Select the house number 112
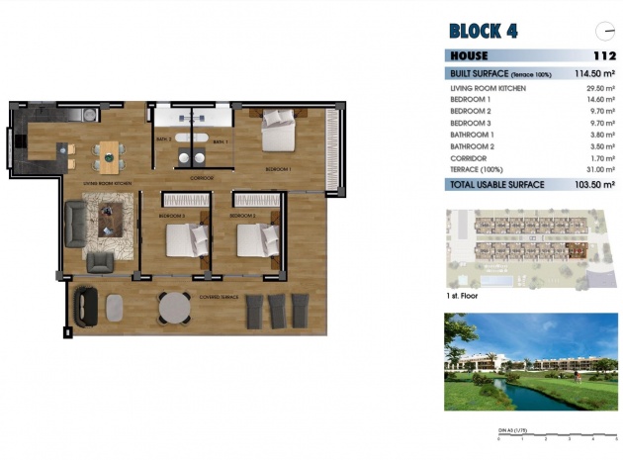[x=604, y=56]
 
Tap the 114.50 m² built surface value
[x=595, y=73]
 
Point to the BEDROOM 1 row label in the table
[x=469, y=100]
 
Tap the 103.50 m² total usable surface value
[x=595, y=184]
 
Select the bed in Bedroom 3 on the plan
[x=185, y=240]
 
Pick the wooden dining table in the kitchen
[x=109, y=152]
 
